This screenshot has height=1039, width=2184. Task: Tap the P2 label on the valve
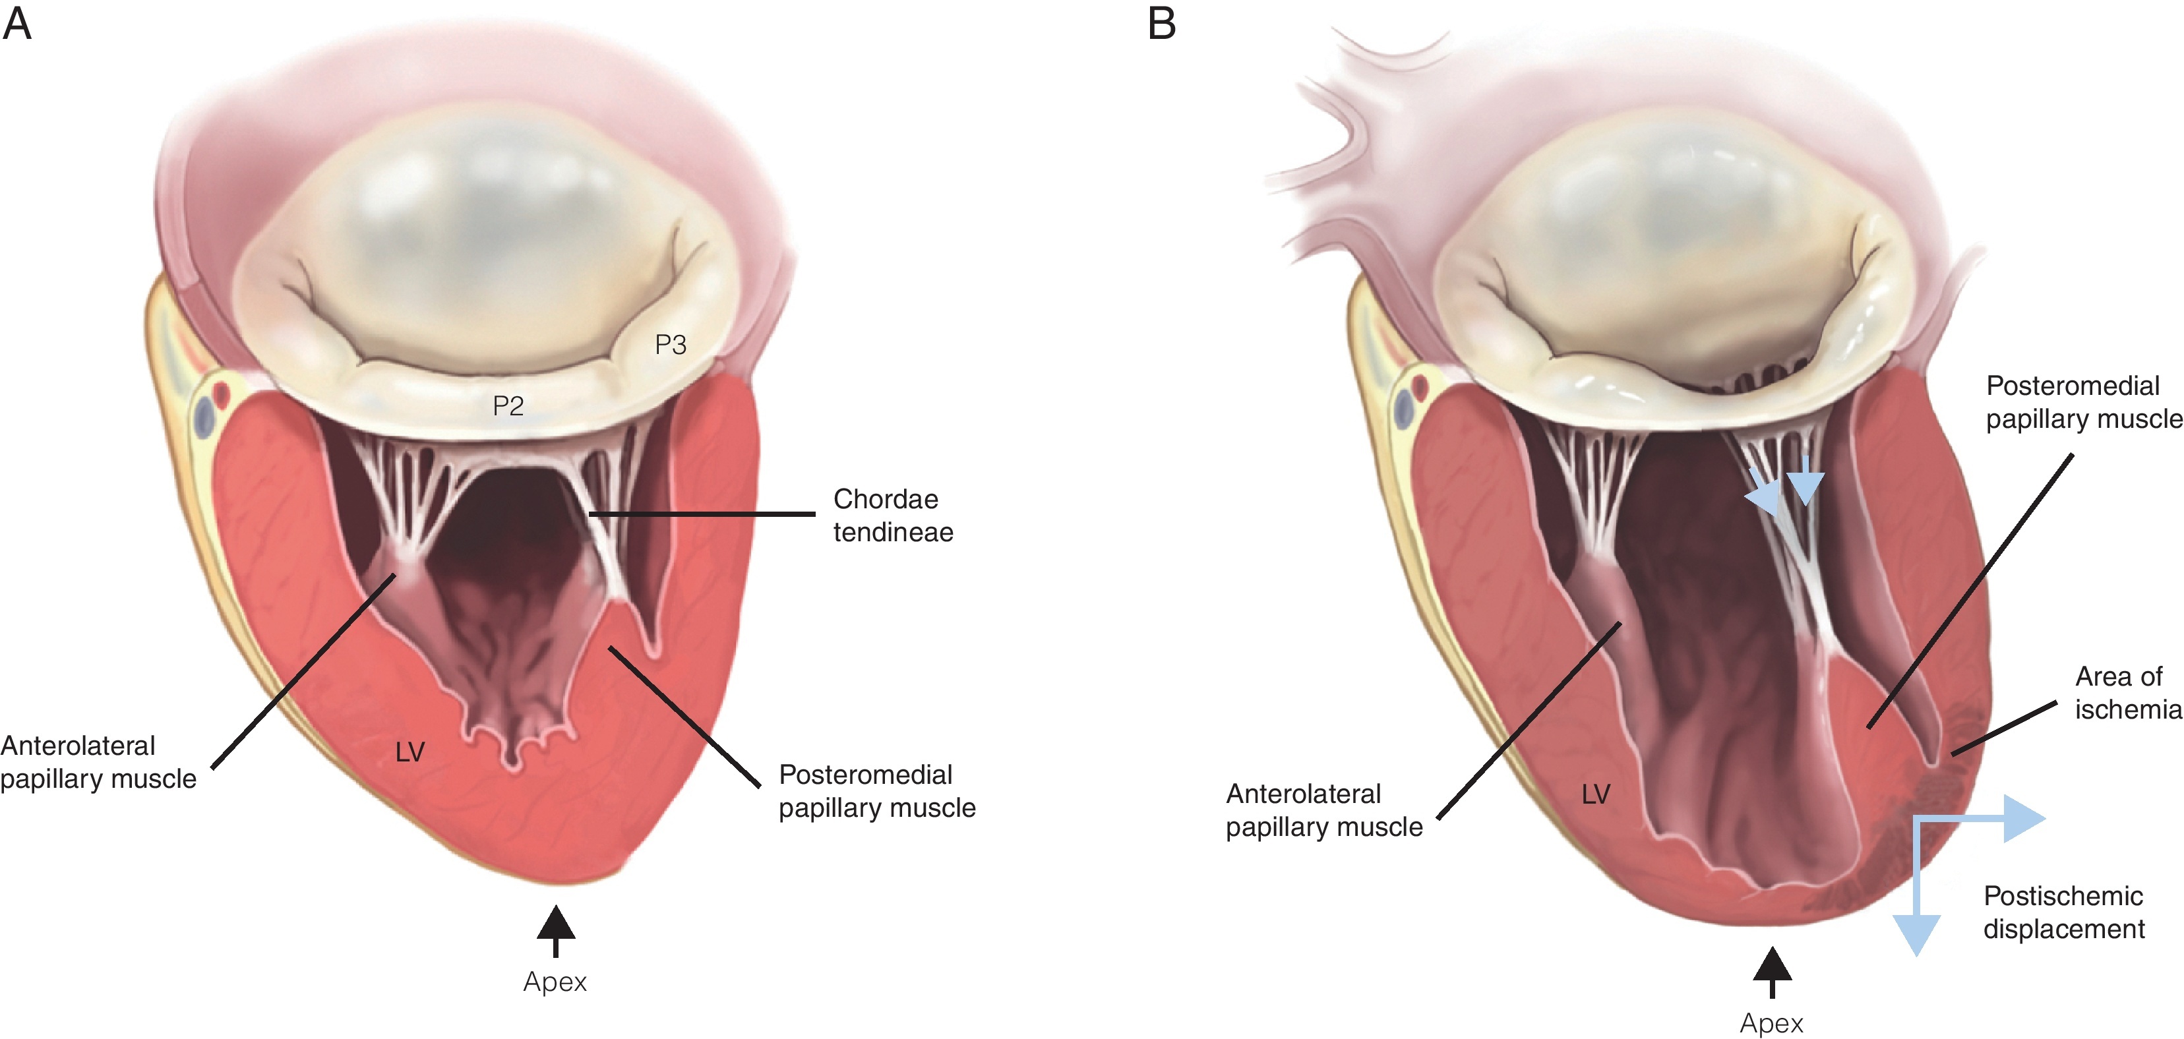tap(508, 406)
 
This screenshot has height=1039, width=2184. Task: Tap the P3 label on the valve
tap(671, 345)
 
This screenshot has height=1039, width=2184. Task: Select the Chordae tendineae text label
tap(893, 516)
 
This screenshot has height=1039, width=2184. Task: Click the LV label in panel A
tap(410, 752)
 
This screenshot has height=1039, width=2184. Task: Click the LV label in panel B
tap(1596, 794)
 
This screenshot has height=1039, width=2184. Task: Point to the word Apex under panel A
tap(555, 982)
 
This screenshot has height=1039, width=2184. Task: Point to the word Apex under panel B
tap(1771, 1023)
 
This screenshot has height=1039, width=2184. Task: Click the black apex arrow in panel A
tap(555, 928)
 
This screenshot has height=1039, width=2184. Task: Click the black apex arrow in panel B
tap(1772, 970)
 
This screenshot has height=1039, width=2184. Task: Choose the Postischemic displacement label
tap(2063, 912)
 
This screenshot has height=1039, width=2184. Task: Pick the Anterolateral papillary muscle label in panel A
tap(98, 762)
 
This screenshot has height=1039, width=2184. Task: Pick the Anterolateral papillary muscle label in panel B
tap(1323, 810)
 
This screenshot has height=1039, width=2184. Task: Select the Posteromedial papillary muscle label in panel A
tap(876, 790)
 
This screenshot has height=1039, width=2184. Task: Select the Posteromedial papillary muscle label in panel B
tap(2083, 401)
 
